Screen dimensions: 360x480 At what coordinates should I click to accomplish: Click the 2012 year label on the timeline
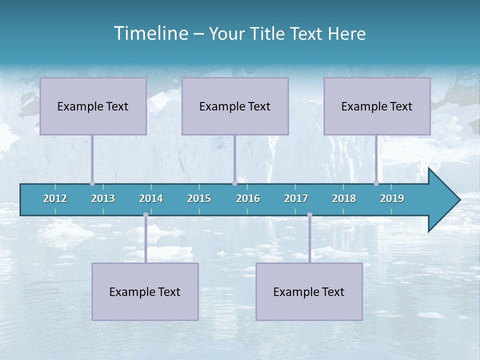55,198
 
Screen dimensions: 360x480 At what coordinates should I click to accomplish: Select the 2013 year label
103,198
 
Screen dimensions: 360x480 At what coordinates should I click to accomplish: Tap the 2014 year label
151,198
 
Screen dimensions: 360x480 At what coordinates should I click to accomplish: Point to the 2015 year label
199,198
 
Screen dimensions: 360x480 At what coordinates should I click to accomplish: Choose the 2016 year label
248,198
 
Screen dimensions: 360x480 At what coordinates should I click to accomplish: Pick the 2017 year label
296,198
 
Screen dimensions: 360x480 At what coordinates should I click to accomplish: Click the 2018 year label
344,198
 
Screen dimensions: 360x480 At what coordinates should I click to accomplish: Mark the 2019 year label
392,198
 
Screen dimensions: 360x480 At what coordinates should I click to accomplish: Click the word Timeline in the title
150,33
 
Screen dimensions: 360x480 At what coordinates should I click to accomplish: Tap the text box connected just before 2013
93,106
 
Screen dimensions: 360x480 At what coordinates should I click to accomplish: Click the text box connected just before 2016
235,106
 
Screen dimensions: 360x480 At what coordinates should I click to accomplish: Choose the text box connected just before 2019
377,106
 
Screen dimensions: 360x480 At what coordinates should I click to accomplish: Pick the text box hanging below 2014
145,291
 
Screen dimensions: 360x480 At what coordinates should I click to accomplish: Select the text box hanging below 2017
309,291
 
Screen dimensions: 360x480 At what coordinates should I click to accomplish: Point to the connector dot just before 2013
92,183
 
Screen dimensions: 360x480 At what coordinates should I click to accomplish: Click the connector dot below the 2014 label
145,214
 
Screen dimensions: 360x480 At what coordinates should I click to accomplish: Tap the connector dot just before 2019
376,183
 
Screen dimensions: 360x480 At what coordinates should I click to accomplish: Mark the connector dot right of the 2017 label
309,214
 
